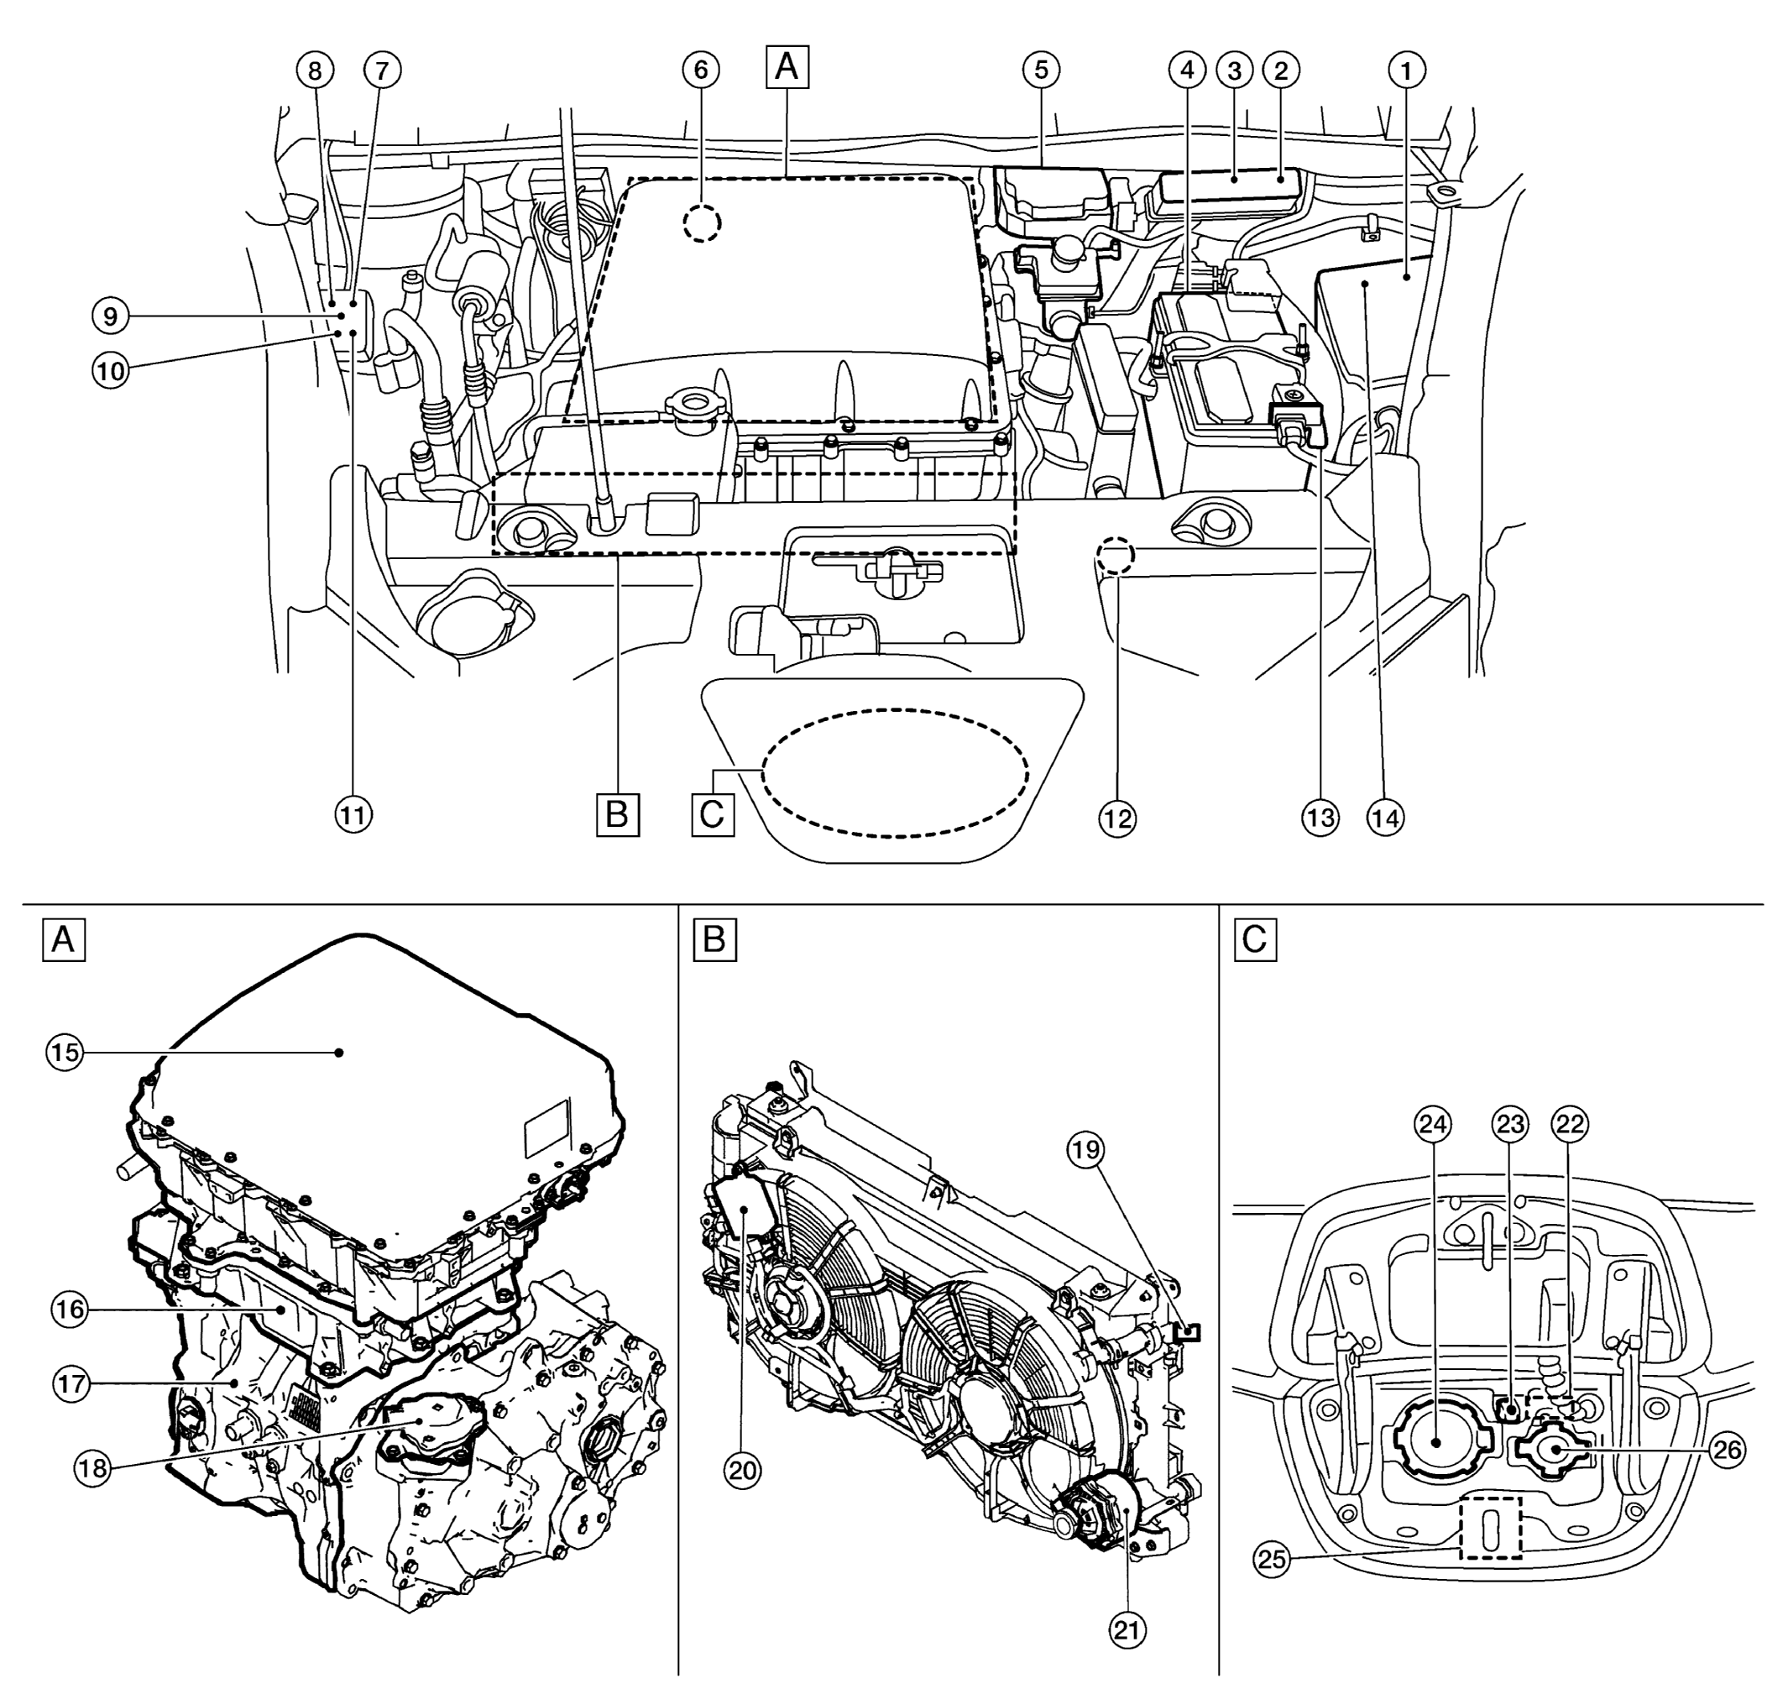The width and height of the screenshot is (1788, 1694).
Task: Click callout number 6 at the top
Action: coord(702,70)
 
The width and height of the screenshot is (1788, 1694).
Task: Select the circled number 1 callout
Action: coord(1406,70)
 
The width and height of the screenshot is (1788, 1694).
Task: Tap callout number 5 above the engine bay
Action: coord(1041,70)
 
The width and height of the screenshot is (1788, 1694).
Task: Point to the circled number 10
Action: coord(110,370)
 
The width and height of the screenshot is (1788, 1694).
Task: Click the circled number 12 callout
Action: coord(1117,818)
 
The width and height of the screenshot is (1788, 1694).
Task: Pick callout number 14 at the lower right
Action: coord(1386,818)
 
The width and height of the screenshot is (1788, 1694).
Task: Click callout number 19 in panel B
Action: coord(1085,1149)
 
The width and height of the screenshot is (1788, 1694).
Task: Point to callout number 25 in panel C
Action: coord(1272,1560)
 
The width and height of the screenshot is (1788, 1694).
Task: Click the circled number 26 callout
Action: coord(1728,1451)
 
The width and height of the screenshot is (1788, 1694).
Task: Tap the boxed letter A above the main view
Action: coord(787,68)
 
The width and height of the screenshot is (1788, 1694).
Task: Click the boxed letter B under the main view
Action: coord(618,814)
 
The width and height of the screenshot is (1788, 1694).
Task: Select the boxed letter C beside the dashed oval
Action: coord(713,814)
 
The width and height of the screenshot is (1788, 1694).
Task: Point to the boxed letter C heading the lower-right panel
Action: coord(1255,940)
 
